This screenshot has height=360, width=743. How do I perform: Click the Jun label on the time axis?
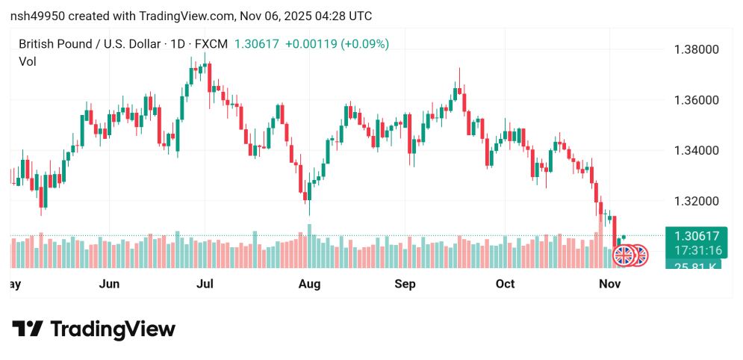109,284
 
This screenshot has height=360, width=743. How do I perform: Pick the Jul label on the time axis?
205,284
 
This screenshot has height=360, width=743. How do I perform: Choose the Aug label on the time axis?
309,284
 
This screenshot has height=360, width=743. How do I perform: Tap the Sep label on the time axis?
405,284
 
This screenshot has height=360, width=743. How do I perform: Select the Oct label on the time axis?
506,284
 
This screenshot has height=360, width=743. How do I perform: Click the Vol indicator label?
27,62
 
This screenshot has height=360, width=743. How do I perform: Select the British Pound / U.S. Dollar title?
88,44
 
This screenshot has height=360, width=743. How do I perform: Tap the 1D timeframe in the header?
178,44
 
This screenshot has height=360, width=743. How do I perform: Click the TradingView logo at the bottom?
94,329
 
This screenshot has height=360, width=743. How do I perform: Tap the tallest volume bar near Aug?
309,246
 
